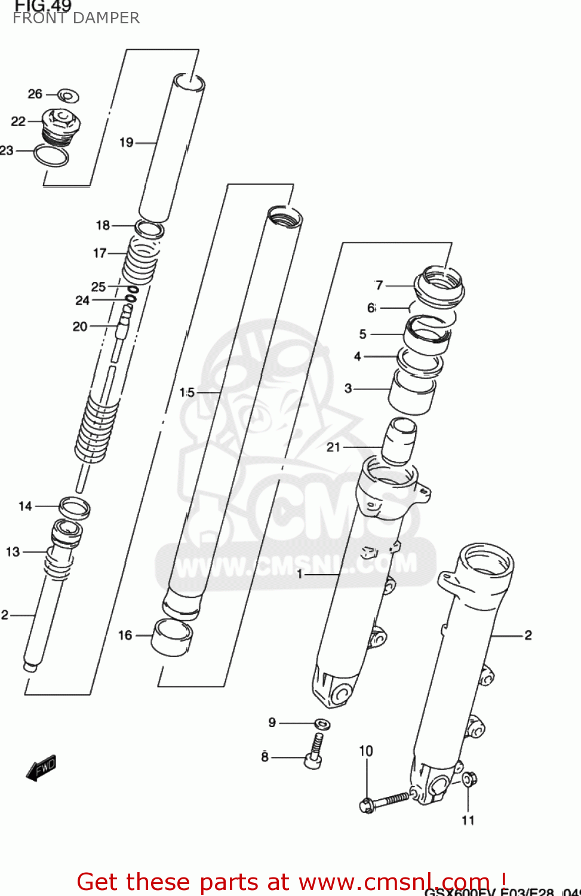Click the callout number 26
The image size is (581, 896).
point(35,94)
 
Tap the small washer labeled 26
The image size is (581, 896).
point(68,95)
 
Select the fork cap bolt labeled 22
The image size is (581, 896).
point(61,124)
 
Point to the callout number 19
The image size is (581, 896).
point(126,142)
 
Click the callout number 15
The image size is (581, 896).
point(187,392)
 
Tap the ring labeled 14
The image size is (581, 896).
point(75,508)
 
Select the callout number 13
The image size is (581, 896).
point(13,552)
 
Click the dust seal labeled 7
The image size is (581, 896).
point(440,286)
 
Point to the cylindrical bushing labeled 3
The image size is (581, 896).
point(412,392)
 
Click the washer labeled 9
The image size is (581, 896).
point(322,724)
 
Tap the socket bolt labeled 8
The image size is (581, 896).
point(315,753)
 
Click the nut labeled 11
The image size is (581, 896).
point(469,779)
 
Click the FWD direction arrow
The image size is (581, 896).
point(41,768)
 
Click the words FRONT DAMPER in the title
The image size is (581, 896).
point(76,18)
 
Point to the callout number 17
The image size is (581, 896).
point(100,253)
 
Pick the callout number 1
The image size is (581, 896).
point(300,574)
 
